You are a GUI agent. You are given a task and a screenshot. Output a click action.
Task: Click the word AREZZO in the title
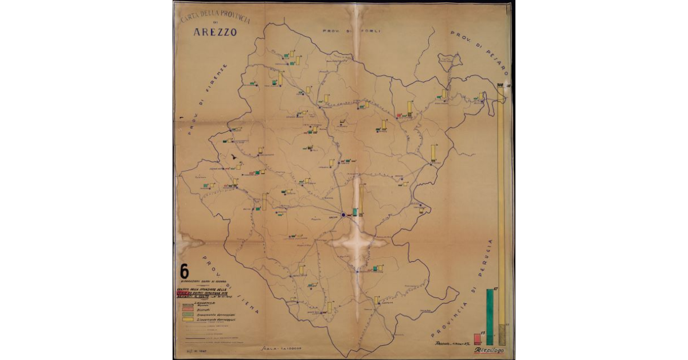click(x=215, y=32)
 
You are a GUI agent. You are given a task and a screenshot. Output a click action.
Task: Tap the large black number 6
click(x=185, y=271)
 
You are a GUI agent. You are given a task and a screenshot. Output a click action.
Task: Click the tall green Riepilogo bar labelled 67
click(x=490, y=315)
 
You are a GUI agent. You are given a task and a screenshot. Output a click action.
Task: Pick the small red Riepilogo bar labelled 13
click(x=477, y=338)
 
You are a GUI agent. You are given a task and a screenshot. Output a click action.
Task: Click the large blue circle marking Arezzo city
click(x=343, y=215)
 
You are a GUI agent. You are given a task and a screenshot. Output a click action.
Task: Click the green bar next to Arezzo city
click(x=355, y=212)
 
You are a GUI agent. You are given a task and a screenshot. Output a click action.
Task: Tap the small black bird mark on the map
click(x=233, y=156)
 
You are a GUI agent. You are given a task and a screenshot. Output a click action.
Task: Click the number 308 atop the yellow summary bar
click(x=500, y=87)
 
